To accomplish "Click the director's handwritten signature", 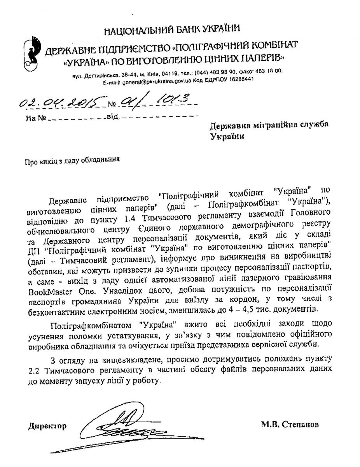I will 121,424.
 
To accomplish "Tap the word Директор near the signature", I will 47,426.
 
